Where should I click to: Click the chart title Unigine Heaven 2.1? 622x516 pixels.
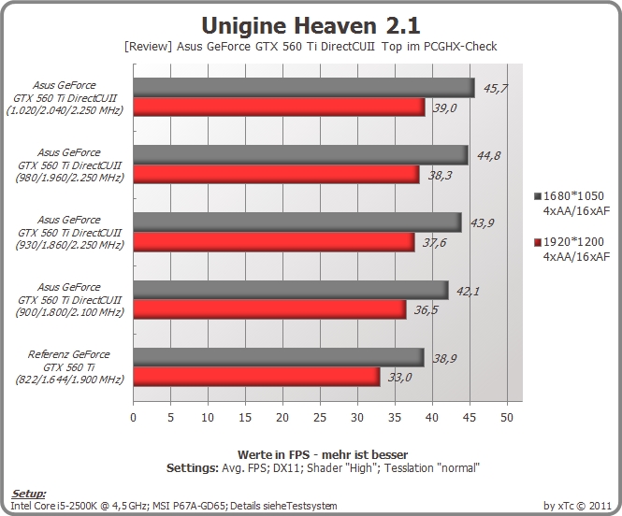click(x=311, y=26)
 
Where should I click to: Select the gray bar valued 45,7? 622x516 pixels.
click(x=304, y=88)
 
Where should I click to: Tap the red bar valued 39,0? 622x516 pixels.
click(x=279, y=107)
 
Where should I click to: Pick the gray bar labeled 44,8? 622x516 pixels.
click(x=300, y=155)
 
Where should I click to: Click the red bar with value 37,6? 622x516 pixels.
click(x=274, y=242)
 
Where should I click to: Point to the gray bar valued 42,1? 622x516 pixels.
click(x=291, y=290)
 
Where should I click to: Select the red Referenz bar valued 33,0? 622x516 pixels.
click(x=256, y=377)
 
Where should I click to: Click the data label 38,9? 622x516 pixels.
click(x=444, y=359)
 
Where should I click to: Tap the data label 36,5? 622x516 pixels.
click(x=426, y=309)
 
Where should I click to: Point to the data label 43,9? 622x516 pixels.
click(x=482, y=223)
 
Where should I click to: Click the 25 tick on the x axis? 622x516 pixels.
click(x=320, y=417)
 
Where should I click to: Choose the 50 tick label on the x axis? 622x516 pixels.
click(x=507, y=417)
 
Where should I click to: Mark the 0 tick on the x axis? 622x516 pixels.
click(x=133, y=417)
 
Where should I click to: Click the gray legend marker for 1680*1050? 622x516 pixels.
click(x=538, y=196)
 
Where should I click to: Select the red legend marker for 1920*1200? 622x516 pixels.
click(x=538, y=242)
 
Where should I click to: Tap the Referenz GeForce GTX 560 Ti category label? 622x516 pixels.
click(x=69, y=366)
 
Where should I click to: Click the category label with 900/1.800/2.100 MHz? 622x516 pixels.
click(x=69, y=299)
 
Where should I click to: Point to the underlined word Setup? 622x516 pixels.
click(x=28, y=494)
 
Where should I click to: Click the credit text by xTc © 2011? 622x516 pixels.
click(x=577, y=506)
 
